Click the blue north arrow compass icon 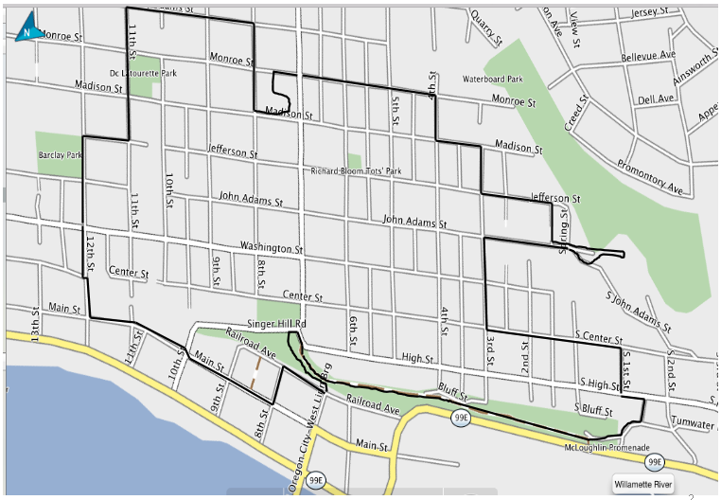(27, 27)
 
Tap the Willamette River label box (643, 485)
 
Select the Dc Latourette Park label (143, 72)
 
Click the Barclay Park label (61, 153)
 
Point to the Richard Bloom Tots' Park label (357, 171)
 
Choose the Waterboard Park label (492, 80)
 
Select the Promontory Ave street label (649, 176)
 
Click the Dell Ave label (656, 98)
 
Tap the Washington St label (271, 248)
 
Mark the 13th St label (35, 324)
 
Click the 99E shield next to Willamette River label (654, 461)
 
